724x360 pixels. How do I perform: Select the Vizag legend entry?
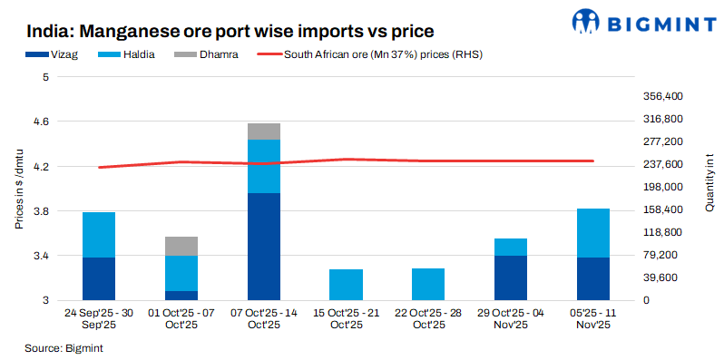tap(62, 54)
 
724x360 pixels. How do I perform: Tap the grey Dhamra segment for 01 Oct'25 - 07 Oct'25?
tap(181, 246)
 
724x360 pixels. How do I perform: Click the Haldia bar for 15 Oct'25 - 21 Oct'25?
tap(346, 285)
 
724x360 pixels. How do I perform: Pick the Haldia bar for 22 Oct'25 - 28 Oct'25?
tap(428, 284)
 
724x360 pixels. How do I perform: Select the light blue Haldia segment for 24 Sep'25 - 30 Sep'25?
tap(99, 235)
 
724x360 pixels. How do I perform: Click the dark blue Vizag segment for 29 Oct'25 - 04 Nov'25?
tap(511, 277)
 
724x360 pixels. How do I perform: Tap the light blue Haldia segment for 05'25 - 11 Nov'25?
tap(593, 233)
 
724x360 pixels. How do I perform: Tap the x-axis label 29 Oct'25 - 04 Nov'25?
tap(511, 318)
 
